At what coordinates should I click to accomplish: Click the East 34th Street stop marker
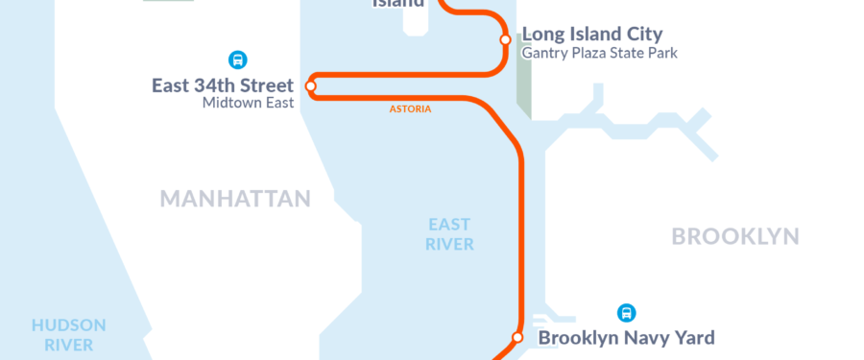point(311,86)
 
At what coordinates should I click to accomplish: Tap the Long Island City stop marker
point(505,39)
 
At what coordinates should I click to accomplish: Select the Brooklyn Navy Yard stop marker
point(517,337)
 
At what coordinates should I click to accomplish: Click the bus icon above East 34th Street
point(237,59)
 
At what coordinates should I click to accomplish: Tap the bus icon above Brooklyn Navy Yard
point(627,312)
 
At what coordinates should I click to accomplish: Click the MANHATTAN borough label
point(235,199)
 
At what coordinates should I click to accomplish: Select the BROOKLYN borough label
point(735,236)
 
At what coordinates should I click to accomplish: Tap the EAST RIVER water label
point(449,234)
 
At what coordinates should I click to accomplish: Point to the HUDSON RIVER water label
point(68,334)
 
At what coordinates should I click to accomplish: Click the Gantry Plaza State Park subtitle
point(599,54)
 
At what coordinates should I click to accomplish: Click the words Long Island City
point(591,35)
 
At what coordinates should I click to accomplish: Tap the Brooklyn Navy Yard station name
point(626,338)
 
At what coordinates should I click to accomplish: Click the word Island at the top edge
point(397,3)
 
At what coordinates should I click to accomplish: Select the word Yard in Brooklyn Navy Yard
point(693,338)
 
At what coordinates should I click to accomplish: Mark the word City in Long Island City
point(641,35)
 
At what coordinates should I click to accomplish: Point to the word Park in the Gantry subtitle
point(661,54)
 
